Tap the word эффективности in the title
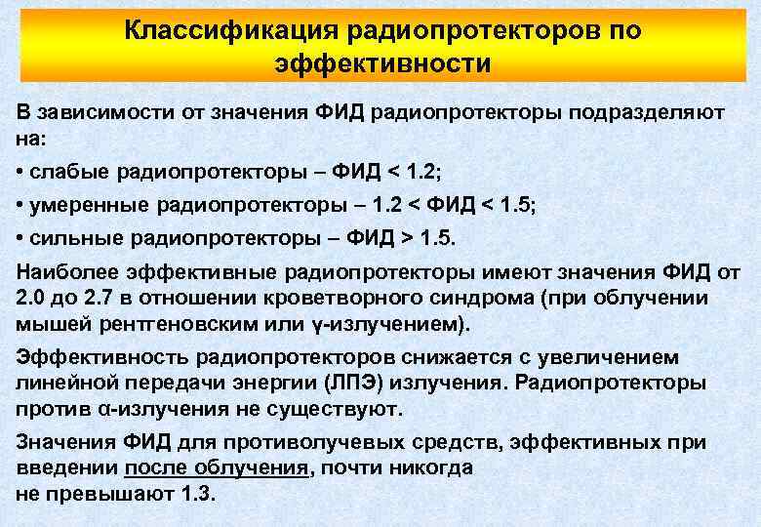coord(382,64)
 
